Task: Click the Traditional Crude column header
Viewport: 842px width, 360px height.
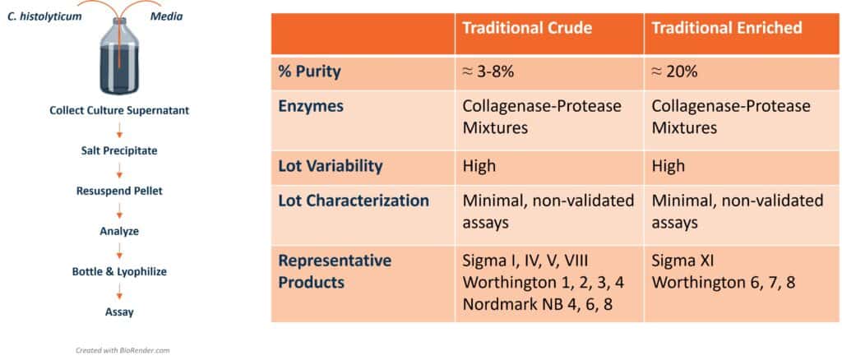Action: [x=527, y=28]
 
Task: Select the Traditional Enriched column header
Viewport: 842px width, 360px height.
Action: [x=727, y=28]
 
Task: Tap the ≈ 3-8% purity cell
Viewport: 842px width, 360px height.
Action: [x=488, y=72]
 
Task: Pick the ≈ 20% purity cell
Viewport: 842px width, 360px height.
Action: [x=674, y=72]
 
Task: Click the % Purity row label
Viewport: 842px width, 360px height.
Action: [x=309, y=72]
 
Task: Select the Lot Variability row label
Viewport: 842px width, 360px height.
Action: [x=331, y=166]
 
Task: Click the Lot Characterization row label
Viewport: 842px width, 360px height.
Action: [x=354, y=201]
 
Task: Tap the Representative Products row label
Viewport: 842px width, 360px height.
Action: [x=335, y=271]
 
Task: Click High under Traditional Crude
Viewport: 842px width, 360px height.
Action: [x=479, y=166]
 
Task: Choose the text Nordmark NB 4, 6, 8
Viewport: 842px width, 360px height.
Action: [x=538, y=304]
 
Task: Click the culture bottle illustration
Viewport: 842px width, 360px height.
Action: [x=119, y=57]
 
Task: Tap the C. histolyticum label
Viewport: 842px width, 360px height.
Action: [x=44, y=16]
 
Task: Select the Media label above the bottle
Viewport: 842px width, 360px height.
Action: [x=166, y=16]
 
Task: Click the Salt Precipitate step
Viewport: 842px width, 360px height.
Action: [x=119, y=150]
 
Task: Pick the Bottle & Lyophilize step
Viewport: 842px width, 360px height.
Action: [x=119, y=271]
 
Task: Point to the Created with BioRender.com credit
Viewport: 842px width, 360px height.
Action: [x=123, y=350]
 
